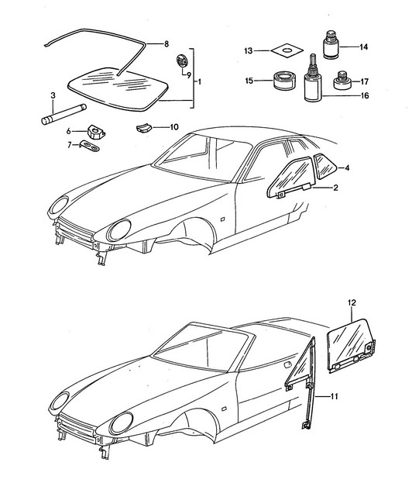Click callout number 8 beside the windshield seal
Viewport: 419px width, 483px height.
(x=167, y=44)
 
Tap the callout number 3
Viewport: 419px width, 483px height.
(x=53, y=95)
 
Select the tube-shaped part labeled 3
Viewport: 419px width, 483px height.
(x=64, y=114)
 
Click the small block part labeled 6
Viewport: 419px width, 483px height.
(x=96, y=132)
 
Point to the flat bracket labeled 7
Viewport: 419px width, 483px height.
(x=90, y=146)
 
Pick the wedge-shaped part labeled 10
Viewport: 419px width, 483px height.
(x=144, y=127)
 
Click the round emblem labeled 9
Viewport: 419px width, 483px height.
(x=182, y=60)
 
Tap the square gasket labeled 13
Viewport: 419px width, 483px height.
(x=287, y=51)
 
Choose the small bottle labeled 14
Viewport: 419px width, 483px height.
(x=331, y=44)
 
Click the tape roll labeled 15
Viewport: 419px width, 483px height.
(x=284, y=81)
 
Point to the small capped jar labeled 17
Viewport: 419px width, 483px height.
(x=342, y=81)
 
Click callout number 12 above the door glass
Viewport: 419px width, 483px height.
(x=352, y=303)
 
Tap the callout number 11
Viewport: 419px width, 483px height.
(x=334, y=396)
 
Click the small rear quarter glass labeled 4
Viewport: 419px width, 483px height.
(x=325, y=166)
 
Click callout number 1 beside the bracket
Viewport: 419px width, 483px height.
(x=199, y=82)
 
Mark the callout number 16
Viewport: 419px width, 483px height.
(x=365, y=96)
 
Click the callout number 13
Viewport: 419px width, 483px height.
(x=249, y=51)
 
